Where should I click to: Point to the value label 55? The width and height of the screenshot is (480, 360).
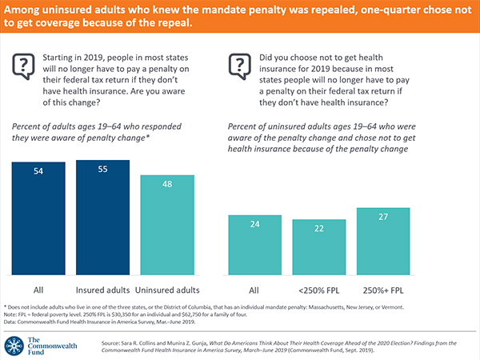(x=104, y=171)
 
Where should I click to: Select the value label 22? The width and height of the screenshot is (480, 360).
(x=318, y=229)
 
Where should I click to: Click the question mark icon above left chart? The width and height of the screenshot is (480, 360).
(x=25, y=65)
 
